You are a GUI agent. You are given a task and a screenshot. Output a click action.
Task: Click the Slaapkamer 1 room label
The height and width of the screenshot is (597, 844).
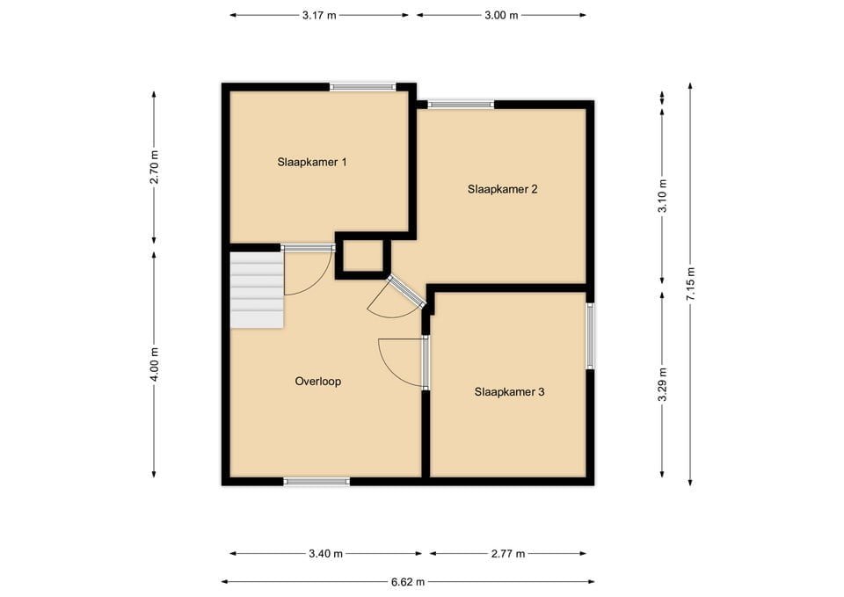[x=312, y=162]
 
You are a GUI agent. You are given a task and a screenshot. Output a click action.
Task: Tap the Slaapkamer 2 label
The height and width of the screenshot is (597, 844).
[x=502, y=189]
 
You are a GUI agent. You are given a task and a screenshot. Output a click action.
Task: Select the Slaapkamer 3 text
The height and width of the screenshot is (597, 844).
[x=509, y=392]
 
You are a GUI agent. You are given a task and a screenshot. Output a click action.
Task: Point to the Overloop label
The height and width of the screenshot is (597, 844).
[x=317, y=382]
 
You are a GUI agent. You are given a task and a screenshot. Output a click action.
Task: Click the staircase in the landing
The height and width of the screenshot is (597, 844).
[x=257, y=289]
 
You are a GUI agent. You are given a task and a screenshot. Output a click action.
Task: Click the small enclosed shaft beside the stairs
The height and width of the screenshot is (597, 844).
[x=363, y=256]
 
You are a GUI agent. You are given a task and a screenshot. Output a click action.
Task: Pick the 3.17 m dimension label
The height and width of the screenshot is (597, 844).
[x=319, y=15]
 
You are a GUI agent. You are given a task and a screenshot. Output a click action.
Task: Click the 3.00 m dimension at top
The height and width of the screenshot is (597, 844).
[x=501, y=15]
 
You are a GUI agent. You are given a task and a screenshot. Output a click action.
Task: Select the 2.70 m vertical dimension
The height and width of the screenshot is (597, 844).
[x=154, y=167]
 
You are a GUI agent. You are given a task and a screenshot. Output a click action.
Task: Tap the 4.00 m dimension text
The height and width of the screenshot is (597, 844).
[x=154, y=364]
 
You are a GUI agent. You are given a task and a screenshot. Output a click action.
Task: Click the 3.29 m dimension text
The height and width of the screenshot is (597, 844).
[x=662, y=384]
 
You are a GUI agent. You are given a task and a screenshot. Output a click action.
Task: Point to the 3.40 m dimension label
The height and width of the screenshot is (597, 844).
[x=325, y=554]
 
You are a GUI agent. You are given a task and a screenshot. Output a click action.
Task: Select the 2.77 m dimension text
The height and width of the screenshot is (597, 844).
[x=507, y=554]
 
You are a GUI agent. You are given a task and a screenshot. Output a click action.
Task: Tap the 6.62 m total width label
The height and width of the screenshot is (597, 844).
[x=407, y=581]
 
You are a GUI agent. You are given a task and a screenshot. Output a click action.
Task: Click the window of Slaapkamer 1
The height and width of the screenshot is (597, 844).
[x=362, y=86]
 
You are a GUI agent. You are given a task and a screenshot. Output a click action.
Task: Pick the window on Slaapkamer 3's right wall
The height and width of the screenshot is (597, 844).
[x=590, y=336]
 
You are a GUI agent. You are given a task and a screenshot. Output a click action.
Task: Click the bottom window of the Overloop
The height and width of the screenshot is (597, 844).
[x=316, y=482]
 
